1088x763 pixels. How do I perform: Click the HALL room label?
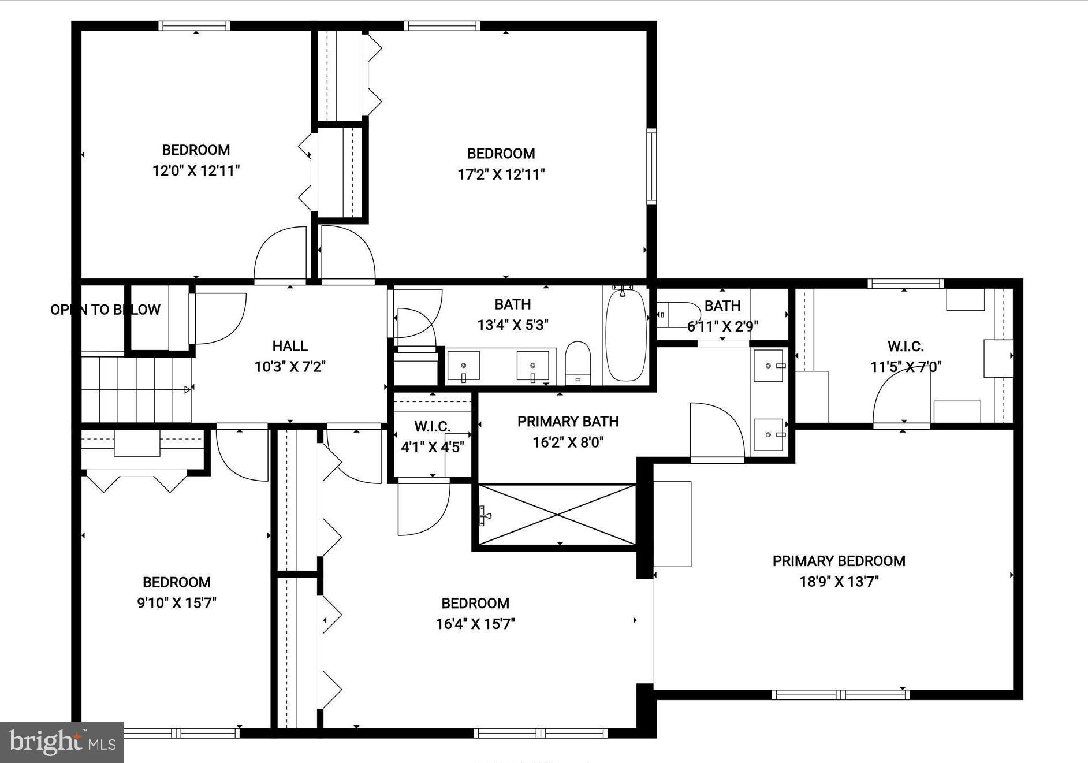click(290, 346)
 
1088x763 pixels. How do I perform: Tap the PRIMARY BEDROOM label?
click(839, 561)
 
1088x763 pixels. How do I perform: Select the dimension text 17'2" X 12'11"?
click(501, 174)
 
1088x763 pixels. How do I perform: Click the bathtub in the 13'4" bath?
click(626, 335)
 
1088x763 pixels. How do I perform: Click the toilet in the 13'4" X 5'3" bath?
click(577, 362)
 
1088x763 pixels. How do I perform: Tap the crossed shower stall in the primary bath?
click(557, 514)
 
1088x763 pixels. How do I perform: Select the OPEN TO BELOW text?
click(105, 310)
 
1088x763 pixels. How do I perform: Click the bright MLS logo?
click(62, 742)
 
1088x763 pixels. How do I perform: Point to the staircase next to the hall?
click(136, 390)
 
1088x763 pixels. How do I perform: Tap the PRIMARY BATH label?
click(568, 422)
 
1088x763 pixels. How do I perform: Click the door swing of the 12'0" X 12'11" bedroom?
click(280, 254)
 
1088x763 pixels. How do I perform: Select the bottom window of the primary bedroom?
click(840, 694)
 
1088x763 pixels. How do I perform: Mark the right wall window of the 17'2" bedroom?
click(651, 166)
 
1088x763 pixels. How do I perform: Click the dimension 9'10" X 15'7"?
click(177, 603)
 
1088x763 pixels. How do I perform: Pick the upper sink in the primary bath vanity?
click(769, 366)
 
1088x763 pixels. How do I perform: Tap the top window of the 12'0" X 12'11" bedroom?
click(195, 25)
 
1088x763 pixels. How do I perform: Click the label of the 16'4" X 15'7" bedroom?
click(475, 604)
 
